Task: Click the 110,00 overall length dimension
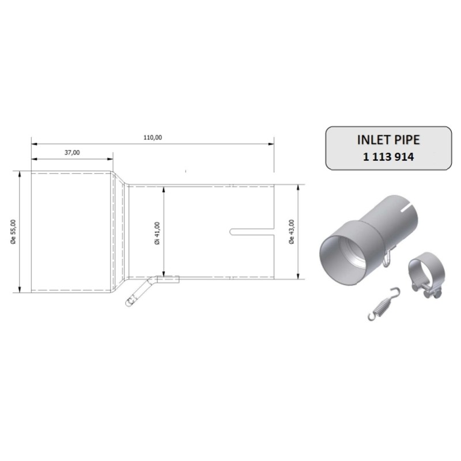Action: coord(153,137)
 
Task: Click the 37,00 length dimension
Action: coord(72,152)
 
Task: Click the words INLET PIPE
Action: coord(385,140)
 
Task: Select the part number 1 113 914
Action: coord(385,157)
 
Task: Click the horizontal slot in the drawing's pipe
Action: coord(252,232)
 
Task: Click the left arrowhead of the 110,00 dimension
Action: coord(33,143)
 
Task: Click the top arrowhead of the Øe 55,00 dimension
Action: coord(21,173)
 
